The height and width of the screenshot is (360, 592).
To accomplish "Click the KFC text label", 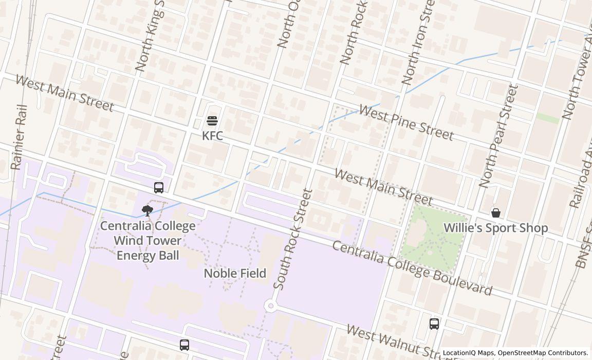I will click(212, 136).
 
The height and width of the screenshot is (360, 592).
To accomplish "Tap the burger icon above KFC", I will click(212, 121).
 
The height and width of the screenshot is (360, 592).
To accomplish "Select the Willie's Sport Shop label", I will click(495, 228).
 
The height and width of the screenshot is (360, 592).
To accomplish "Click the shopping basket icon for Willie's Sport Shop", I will click(496, 212).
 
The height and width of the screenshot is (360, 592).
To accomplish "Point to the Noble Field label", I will click(235, 273).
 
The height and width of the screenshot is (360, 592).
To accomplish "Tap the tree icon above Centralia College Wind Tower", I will click(147, 210).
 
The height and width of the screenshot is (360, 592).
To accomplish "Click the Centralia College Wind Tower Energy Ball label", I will click(147, 241).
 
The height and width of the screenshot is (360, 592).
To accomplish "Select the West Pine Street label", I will click(406, 122).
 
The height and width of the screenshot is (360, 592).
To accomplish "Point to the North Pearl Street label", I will click(497, 136).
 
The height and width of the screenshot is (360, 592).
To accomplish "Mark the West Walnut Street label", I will click(393, 340).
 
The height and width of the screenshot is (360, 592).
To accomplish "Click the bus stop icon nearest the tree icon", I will click(159, 188).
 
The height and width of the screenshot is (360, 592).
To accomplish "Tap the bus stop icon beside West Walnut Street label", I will click(434, 324).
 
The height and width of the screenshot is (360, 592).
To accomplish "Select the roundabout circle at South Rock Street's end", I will click(270, 306).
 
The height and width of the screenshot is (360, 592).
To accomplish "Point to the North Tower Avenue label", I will click(577, 77).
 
